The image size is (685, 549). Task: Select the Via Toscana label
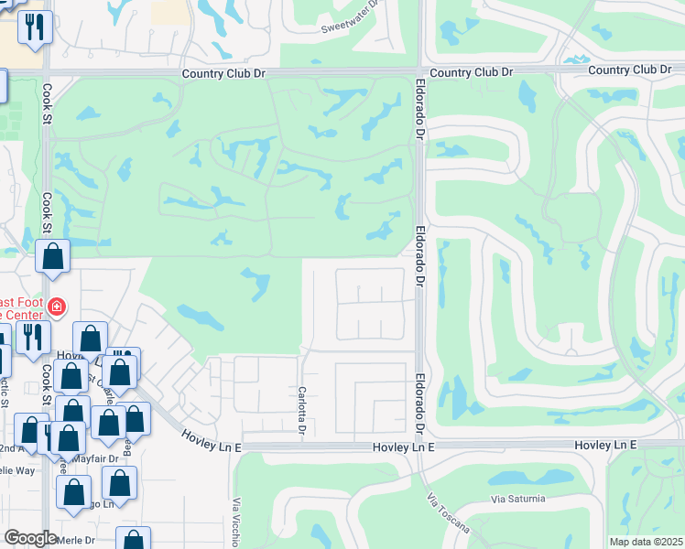[x=448, y=514]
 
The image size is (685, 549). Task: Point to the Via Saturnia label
[x=518, y=499]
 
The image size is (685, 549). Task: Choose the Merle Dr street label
[x=76, y=540]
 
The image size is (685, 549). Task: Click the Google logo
[x=30, y=538]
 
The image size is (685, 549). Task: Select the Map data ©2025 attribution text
[x=647, y=542]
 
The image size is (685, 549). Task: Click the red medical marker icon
[x=57, y=307]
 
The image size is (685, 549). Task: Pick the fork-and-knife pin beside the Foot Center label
[x=29, y=336]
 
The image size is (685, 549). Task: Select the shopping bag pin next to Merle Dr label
[x=134, y=540]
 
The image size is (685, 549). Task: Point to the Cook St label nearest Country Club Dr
[x=46, y=105]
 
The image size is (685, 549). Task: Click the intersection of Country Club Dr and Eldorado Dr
[x=420, y=72]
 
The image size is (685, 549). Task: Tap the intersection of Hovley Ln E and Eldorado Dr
[x=419, y=447]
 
